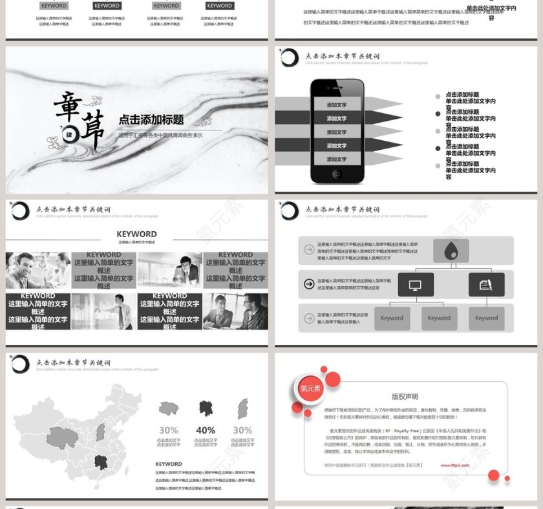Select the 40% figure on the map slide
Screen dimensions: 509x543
pyautogui.click(x=206, y=430)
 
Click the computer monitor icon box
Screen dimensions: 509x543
pyautogui.click(x=416, y=284)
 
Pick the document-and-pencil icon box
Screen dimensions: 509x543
pyautogui.click(x=485, y=284)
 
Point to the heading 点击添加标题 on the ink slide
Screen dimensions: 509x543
pyautogui.click(x=151, y=119)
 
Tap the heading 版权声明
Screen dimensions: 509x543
pyautogui.click(x=405, y=397)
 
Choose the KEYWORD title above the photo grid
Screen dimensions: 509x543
pyautogui.click(x=136, y=234)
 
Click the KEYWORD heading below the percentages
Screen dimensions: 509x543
pyautogui.click(x=169, y=464)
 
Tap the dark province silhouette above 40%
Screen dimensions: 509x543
pyautogui.click(x=206, y=408)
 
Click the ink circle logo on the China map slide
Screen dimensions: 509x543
pyautogui.click(x=20, y=364)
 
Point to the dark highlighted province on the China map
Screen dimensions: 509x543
pyautogui.click(x=100, y=462)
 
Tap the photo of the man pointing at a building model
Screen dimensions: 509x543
pyautogui.click(x=103, y=311)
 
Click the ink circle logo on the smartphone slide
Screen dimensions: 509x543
pyautogui.click(x=289, y=57)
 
